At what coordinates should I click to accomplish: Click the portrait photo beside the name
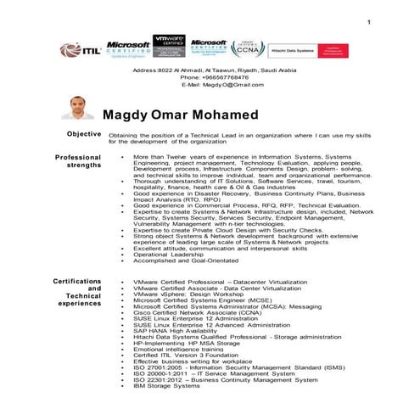[x=78, y=109]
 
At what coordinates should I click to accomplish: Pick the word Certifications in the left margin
[x=78, y=281]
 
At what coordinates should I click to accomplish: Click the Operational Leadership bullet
[x=168, y=254]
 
